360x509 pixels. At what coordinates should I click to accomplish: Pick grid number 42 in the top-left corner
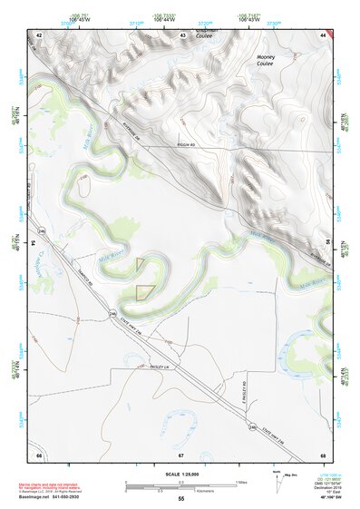tap(39, 34)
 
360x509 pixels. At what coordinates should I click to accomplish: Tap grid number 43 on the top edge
tap(182, 34)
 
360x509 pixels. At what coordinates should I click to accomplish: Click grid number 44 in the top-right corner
tap(323, 34)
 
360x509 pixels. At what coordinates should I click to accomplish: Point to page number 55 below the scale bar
tap(181, 499)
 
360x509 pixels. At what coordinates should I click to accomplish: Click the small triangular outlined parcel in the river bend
tap(141, 263)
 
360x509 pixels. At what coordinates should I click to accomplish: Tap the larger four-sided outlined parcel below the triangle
tap(143, 291)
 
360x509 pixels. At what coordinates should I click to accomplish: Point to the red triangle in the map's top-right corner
tap(333, 33)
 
